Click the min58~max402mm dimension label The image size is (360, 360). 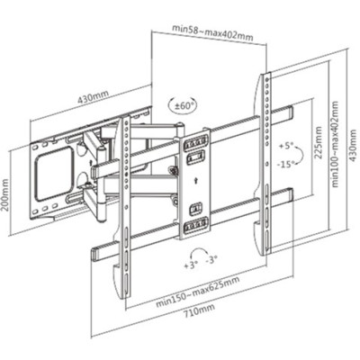212,32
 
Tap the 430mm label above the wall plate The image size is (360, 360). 94,96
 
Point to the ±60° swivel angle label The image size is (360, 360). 183,105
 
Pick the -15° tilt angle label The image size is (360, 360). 286,164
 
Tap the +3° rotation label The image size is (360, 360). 191,265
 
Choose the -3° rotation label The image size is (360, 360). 211,260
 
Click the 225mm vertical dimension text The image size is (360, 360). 319,142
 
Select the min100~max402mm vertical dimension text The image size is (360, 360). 335,144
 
